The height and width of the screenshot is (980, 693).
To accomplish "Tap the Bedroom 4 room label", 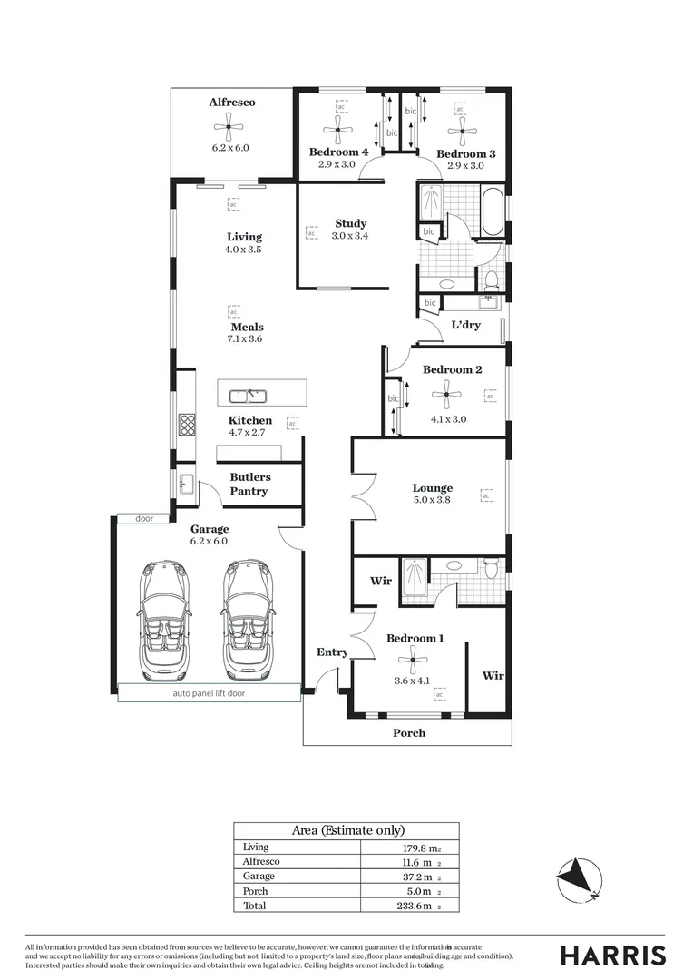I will pos(337,152).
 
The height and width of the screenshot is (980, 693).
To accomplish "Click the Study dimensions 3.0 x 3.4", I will pos(350,236).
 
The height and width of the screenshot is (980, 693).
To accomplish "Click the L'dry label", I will pos(465,325).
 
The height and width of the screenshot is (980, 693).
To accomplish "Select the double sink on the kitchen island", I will pos(246,396).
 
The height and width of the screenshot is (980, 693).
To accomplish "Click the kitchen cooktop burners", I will pos(187,423).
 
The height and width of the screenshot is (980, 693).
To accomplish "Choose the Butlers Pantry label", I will pos(249,484).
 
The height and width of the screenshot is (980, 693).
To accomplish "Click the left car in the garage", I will pos(164,620).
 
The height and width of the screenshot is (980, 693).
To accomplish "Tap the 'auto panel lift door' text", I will pos(209,693).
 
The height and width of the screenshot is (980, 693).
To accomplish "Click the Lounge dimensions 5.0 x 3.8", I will pos(432,500).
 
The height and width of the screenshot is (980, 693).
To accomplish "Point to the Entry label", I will pos(332,652).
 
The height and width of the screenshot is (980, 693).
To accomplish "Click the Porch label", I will pos(408,733).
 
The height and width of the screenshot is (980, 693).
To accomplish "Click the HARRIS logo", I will pos(613,955).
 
